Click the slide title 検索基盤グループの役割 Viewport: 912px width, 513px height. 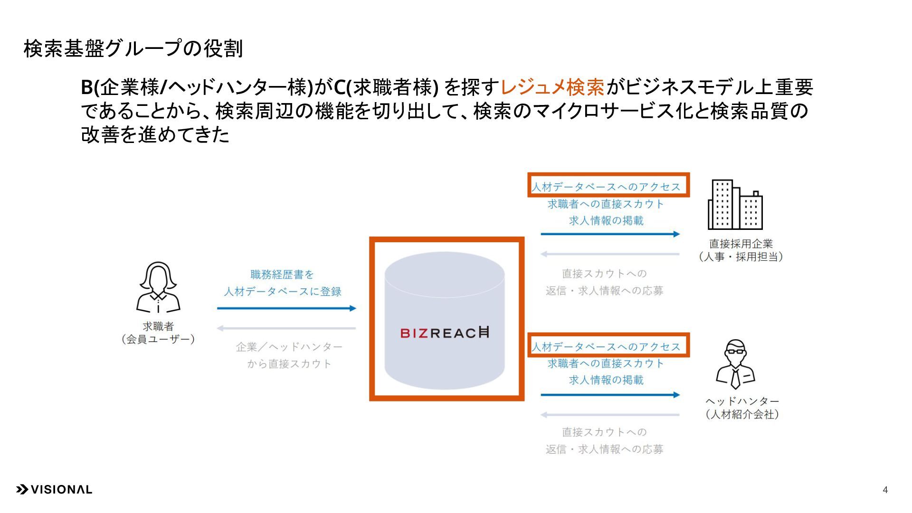[133, 48]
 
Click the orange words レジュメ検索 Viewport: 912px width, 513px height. [552, 87]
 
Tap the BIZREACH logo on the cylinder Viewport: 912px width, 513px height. [445, 332]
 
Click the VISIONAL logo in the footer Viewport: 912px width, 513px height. [54, 490]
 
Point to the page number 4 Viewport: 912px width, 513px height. [885, 490]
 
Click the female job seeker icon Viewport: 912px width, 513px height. [158, 287]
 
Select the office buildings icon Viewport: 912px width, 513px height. [735, 205]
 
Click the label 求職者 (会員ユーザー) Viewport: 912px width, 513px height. [158, 332]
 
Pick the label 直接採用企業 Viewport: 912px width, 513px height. [741, 244]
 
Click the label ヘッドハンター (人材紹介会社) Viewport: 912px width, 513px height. [742, 408]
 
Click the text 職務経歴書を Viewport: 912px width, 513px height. [282, 275]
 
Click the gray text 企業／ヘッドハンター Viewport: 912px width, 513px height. [289, 347]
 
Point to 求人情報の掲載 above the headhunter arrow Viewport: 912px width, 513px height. [606, 380]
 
